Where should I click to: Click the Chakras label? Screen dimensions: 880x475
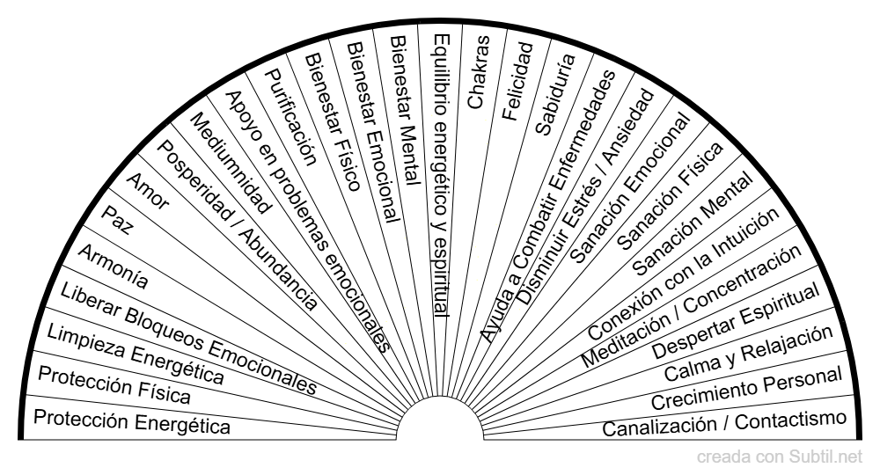pyautogui.click(x=479, y=71)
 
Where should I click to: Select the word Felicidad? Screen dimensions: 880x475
pyautogui.click(x=517, y=81)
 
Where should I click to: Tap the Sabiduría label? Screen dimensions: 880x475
pyautogui.click(x=555, y=94)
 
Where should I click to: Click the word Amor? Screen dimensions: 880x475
pyautogui.click(x=147, y=191)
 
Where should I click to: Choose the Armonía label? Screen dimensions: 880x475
pyautogui.click(x=113, y=267)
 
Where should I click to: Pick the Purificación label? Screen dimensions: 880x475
pyautogui.click(x=290, y=117)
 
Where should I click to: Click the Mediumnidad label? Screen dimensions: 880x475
pyautogui.click(x=230, y=164)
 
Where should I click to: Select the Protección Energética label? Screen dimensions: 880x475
pyautogui.click(x=132, y=421)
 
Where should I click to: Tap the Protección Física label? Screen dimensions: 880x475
pyautogui.click(x=114, y=385)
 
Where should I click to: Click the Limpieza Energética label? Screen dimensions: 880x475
pyautogui.click(x=136, y=354)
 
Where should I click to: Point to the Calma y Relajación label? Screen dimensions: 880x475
pyautogui.click(x=748, y=354)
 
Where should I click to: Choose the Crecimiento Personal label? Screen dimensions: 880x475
pyautogui.click(x=746, y=388)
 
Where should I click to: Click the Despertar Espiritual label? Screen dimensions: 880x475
pyautogui.click(x=735, y=321)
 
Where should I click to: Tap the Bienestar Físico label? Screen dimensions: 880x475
pyautogui.click(x=332, y=122)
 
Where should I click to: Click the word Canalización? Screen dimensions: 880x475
pyautogui.click(x=660, y=427)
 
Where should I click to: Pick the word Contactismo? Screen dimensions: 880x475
pyautogui.click(x=790, y=420)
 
